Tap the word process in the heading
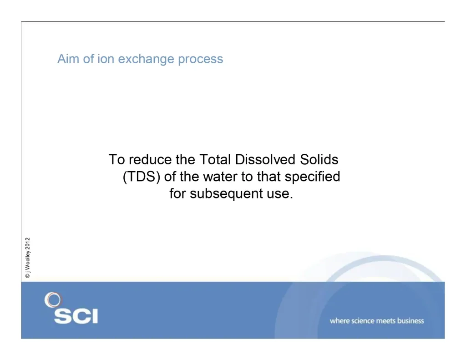point(200,60)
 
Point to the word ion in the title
point(105,59)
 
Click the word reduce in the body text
point(147,160)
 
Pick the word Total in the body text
point(215,160)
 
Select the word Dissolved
point(267,160)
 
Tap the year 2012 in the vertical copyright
point(28,244)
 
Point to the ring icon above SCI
point(52,300)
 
